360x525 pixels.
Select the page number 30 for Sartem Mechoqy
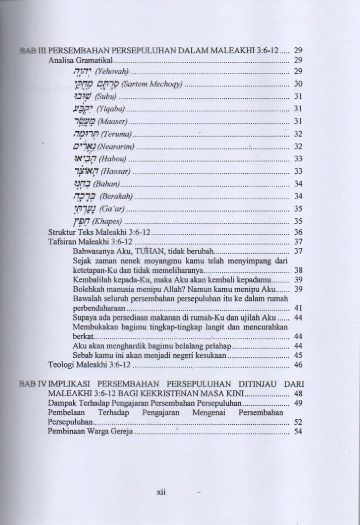(298, 84)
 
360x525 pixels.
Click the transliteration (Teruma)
(117, 134)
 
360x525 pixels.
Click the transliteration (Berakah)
(116, 196)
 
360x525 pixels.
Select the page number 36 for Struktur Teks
(298, 232)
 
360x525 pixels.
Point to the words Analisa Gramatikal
(81, 61)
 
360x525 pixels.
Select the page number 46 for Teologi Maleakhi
(298, 365)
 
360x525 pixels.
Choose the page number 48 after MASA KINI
(298, 394)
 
